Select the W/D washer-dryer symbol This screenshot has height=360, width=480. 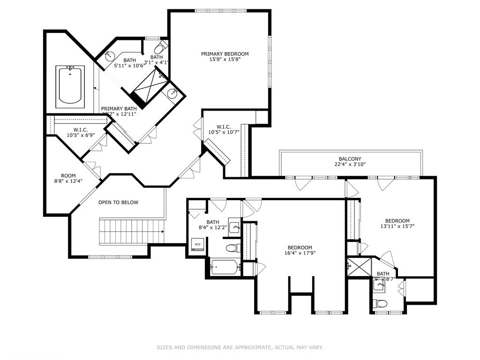pos(196,244)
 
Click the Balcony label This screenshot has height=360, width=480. pos(350,159)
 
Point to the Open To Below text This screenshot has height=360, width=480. pos(118,202)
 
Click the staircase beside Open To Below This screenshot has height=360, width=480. pos(131,231)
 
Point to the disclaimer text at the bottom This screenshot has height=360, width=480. pos(240,347)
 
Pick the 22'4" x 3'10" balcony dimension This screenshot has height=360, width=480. pos(350,165)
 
